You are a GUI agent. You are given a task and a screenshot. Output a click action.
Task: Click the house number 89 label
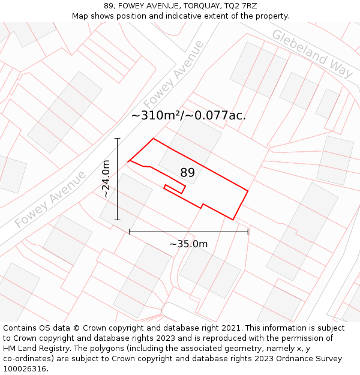pos(187,173)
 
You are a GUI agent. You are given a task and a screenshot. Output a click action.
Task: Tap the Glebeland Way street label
pos(311,54)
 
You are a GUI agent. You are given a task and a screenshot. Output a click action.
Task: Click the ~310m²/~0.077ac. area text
pos(188,116)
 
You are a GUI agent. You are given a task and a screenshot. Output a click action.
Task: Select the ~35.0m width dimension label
pos(188,244)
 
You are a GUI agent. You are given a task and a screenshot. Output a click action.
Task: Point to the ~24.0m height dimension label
pos(106,179)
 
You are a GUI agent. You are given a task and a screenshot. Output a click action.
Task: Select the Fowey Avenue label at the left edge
pos(50,199)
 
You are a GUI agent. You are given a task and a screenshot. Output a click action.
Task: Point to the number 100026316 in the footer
pos(25,368)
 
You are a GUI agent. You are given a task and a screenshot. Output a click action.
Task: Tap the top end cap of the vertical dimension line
pos(118,139)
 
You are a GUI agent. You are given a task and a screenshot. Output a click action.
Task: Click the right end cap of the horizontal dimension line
pos(248,231)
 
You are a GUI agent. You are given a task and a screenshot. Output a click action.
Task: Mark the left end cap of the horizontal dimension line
pos(129,231)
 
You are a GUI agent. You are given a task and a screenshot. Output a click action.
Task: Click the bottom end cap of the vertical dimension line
pos(118,220)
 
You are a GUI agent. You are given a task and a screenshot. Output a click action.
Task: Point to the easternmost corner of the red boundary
pos(248,191)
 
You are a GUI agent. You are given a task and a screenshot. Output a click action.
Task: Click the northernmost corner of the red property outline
pos(154,139)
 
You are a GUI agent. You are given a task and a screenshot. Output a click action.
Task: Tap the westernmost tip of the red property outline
pos(128,161)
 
